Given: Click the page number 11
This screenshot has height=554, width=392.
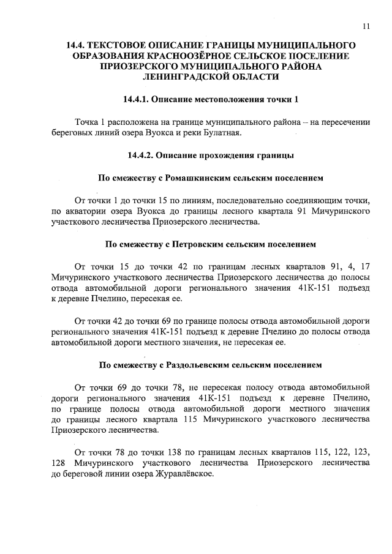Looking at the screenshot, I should click(x=366, y=26).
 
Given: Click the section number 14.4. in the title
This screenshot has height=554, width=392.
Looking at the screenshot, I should click(x=80, y=46).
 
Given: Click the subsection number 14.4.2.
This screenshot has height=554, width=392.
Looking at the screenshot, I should click(x=141, y=155).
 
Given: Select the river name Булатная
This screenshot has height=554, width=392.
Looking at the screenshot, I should click(x=222, y=133).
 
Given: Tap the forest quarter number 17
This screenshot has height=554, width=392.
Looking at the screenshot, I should click(x=365, y=267).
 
